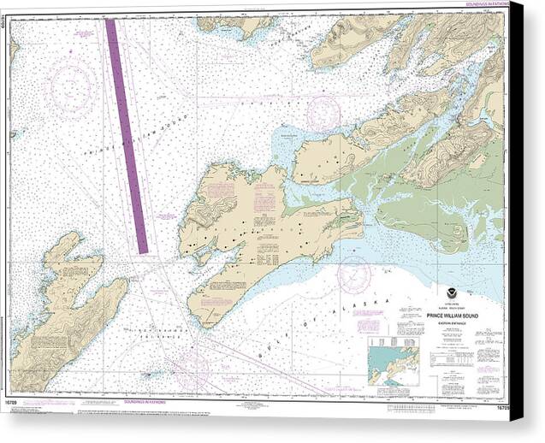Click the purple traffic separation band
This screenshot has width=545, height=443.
coord(127,137)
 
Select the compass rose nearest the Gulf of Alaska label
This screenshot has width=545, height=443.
coord(353,275)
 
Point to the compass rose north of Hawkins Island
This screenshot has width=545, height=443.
coord(323,114)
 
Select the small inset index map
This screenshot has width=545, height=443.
coord(393,360)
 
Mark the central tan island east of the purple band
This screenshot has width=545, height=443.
coord(257,231)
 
